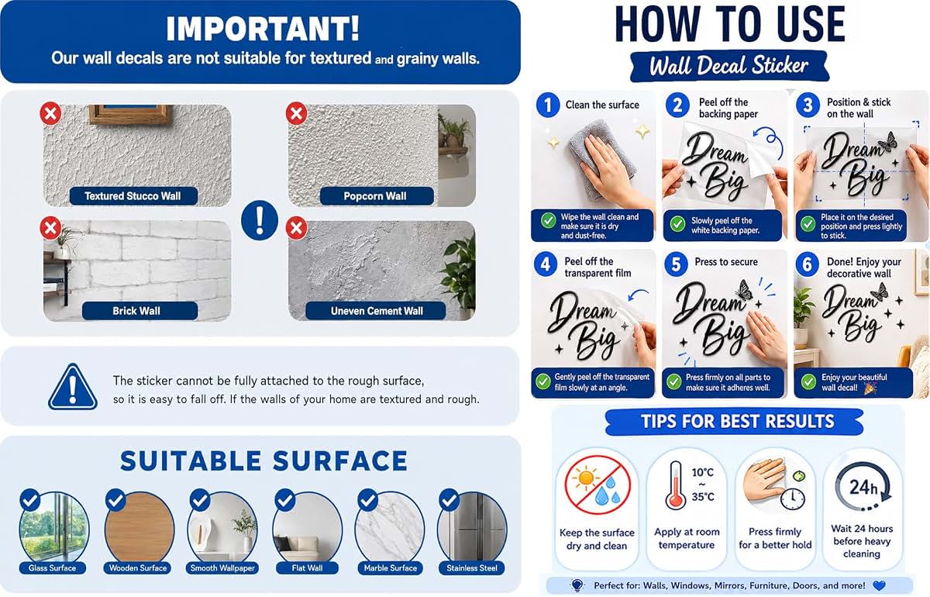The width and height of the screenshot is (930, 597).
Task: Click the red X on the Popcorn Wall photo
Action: click(x=296, y=113)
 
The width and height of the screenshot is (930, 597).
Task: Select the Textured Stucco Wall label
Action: click(x=133, y=196)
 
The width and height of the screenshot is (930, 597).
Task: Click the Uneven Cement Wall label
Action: click(x=376, y=311)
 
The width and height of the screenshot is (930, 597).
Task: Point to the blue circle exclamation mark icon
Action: click(x=260, y=220)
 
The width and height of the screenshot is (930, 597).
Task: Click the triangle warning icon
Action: click(x=73, y=387)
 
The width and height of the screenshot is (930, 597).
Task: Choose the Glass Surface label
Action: click(x=53, y=568)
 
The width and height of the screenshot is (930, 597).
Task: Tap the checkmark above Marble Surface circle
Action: click(x=368, y=499)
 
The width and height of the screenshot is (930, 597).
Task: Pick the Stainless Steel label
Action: click(x=472, y=568)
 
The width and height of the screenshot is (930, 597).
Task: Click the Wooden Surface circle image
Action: click(x=139, y=529)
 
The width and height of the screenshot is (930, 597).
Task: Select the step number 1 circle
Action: click(x=548, y=105)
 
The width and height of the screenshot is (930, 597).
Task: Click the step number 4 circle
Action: click(x=546, y=264)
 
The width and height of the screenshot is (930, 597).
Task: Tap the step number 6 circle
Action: click(x=808, y=264)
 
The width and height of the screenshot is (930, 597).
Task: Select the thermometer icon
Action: click(x=675, y=485)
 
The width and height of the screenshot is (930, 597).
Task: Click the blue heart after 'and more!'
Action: click(x=879, y=586)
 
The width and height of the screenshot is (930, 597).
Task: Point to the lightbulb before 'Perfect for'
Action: click(x=577, y=585)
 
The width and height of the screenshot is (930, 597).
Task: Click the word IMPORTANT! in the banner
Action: click(x=263, y=29)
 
